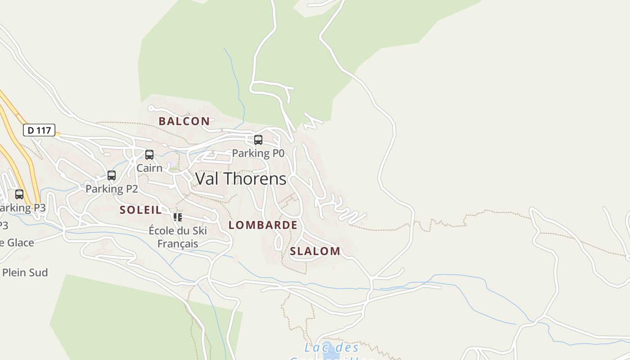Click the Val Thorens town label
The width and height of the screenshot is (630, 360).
(x=241, y=179)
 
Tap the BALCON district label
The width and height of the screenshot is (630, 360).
(x=184, y=121)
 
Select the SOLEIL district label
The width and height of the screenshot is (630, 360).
(x=140, y=210)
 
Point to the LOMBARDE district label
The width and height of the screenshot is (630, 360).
(x=263, y=225)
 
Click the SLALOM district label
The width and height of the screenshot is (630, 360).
(x=315, y=251)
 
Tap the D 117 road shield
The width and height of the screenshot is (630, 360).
(x=39, y=130)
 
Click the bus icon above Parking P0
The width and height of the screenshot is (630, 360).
(x=258, y=140)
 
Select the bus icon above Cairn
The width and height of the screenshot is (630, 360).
(x=149, y=155)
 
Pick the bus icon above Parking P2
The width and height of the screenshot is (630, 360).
(x=112, y=175)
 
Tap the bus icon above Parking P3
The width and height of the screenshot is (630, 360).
(x=19, y=194)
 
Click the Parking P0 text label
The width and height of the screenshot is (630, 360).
(x=258, y=153)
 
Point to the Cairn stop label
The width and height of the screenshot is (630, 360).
(x=149, y=168)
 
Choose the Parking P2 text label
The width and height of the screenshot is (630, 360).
(x=112, y=189)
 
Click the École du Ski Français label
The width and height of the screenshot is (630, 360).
(x=178, y=237)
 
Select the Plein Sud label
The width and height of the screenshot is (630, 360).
(x=25, y=273)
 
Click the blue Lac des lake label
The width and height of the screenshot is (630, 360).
(x=332, y=348)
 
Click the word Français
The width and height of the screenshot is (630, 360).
(x=178, y=244)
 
